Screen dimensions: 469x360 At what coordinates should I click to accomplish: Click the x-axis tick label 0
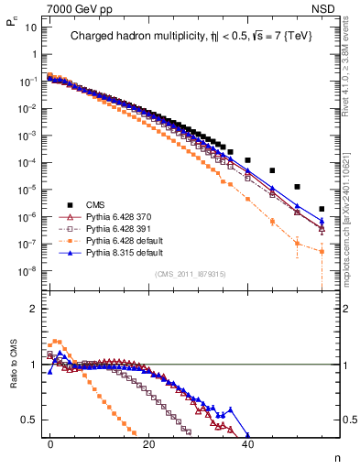[x=50, y=442]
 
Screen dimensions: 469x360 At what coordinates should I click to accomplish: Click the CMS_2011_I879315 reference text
[x=191, y=274]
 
